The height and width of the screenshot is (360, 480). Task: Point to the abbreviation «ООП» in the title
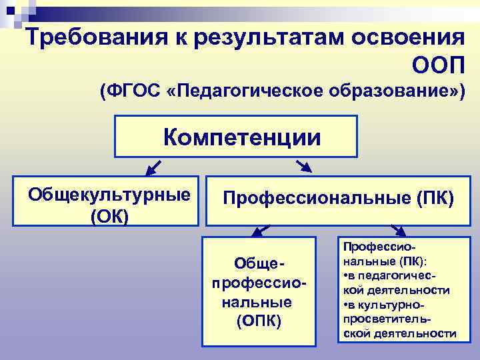tap(437, 64)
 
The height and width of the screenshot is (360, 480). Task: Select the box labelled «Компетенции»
tap(236, 137)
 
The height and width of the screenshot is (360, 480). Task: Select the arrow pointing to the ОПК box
tap(259, 232)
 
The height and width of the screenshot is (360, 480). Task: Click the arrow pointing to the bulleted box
tap(398, 231)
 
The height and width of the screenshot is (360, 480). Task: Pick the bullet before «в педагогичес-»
tap(345, 276)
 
